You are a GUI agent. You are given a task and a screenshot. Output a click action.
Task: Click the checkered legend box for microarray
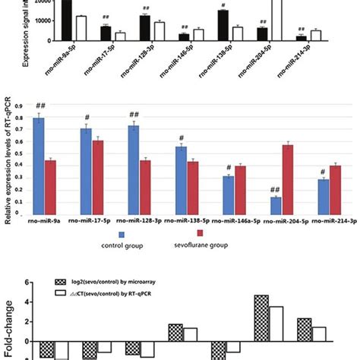[x=68, y=280]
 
